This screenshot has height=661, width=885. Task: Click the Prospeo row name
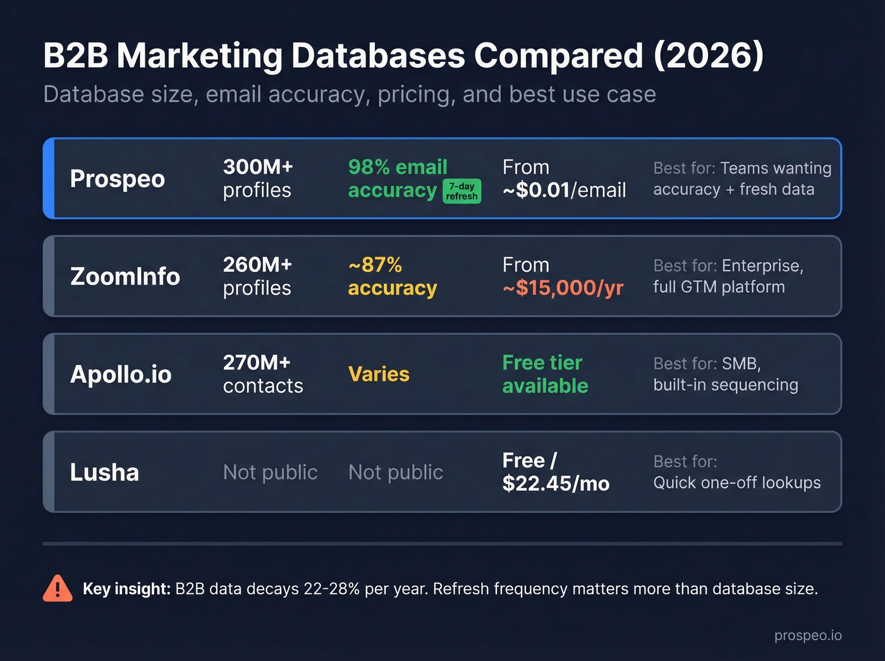click(x=117, y=179)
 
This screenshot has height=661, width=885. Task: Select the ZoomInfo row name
click(x=125, y=276)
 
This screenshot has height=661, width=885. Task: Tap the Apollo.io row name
click(x=121, y=374)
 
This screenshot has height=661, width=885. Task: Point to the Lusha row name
click(x=104, y=473)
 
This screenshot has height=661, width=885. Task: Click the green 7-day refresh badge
click(x=461, y=191)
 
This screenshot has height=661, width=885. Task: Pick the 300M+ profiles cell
click(x=258, y=178)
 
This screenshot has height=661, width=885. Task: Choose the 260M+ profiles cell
click(x=257, y=276)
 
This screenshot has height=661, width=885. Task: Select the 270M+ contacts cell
click(x=263, y=374)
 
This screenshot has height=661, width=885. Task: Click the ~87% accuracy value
click(x=392, y=276)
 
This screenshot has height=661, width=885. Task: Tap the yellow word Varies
click(x=379, y=374)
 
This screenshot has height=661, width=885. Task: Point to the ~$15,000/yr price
click(x=563, y=288)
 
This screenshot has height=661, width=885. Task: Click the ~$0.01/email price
click(x=564, y=190)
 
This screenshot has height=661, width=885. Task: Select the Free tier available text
click(x=545, y=374)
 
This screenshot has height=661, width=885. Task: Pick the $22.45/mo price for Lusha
click(x=556, y=484)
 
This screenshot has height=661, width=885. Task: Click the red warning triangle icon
click(x=58, y=589)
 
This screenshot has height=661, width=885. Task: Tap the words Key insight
click(x=126, y=589)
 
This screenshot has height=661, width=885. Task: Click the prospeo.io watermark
click(x=808, y=636)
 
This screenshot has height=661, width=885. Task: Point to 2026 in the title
click(x=708, y=56)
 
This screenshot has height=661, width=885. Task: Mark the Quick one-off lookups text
click(x=736, y=483)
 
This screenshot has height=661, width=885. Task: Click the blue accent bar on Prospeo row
click(x=49, y=178)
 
